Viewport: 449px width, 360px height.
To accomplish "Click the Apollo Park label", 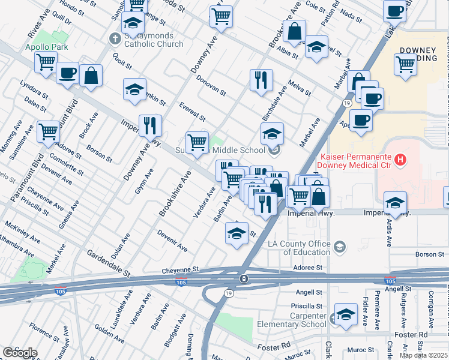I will (x=46, y=47).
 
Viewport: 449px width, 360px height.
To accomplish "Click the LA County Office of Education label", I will (x=299, y=248).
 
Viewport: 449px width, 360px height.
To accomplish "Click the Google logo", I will (x=19, y=352).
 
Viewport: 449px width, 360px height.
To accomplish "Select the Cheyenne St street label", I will (x=179, y=271).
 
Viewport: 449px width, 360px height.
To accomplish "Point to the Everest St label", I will (x=192, y=111).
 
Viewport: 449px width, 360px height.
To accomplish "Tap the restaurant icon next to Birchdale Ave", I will (x=261, y=80).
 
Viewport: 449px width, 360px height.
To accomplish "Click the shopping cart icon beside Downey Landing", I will (x=406, y=64).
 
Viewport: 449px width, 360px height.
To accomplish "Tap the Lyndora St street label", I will (x=34, y=89).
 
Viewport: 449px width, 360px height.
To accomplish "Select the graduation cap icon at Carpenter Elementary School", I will (x=346, y=314).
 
